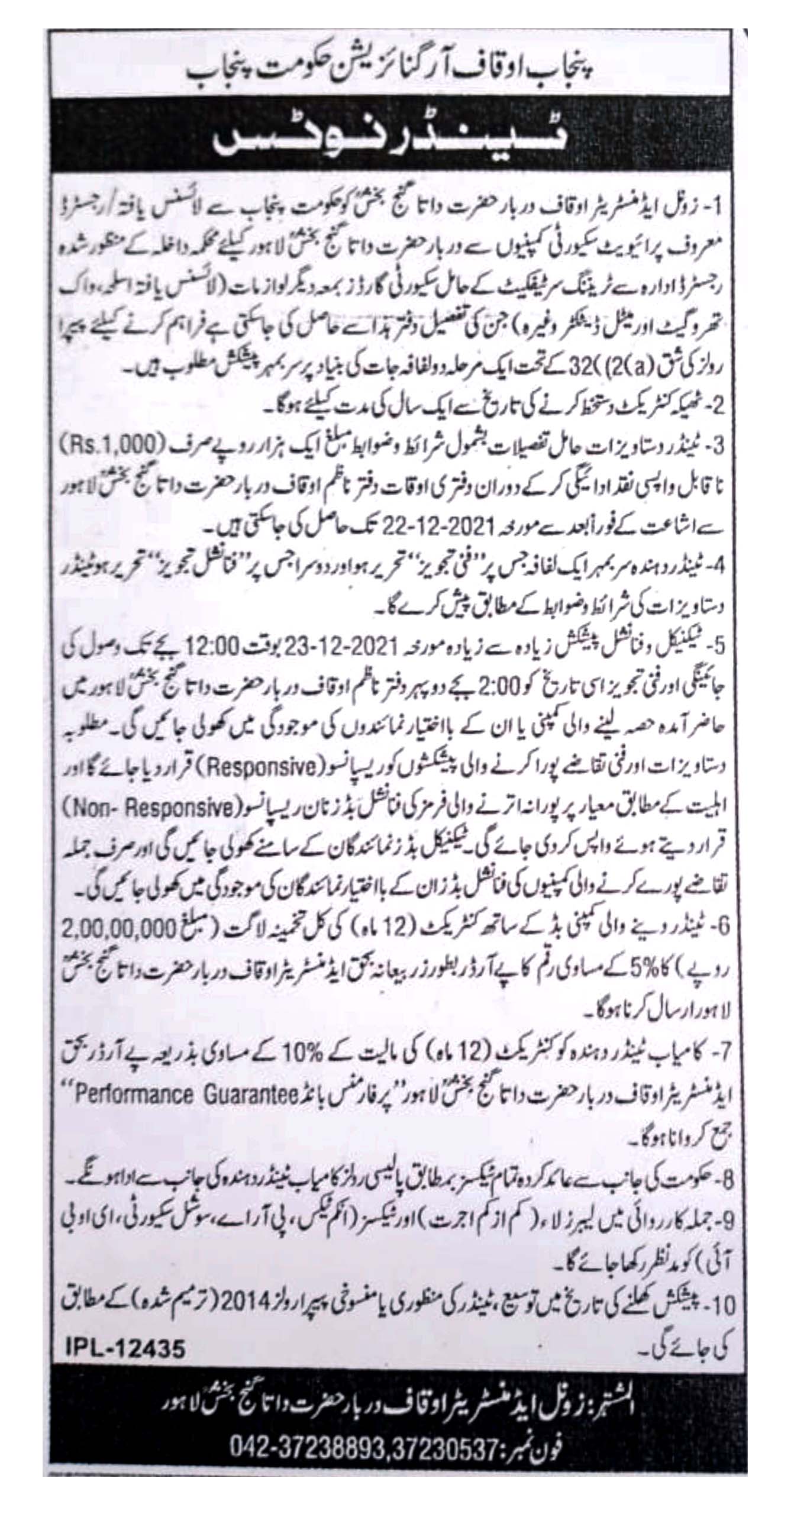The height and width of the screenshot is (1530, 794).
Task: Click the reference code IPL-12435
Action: pos(126,1329)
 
